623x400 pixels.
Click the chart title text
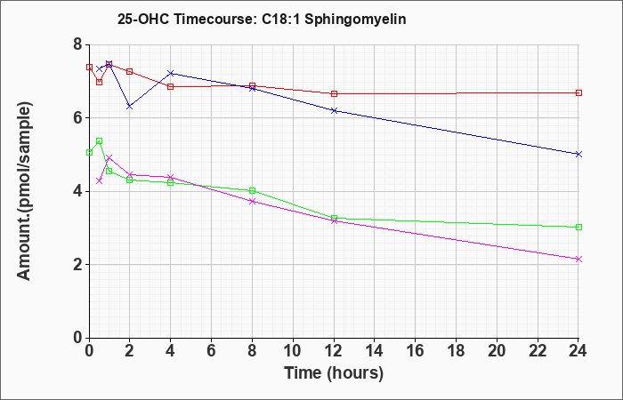(x=262, y=19)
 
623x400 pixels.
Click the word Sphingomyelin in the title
(x=355, y=20)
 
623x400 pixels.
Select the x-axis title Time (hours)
(x=334, y=373)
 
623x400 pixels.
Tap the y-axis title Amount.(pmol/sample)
(x=25, y=191)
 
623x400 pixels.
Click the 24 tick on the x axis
(x=578, y=351)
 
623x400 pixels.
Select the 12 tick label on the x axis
(x=334, y=351)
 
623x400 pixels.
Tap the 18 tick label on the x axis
(x=456, y=351)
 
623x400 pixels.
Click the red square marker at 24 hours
(x=578, y=92)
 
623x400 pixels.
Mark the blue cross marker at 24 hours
(x=578, y=154)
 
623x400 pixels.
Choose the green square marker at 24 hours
(x=578, y=227)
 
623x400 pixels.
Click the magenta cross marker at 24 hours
(x=578, y=260)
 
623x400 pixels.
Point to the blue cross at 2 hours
(x=130, y=107)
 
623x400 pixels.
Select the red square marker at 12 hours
(x=334, y=93)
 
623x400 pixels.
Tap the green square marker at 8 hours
(x=252, y=190)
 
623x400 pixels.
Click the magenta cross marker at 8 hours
(x=252, y=201)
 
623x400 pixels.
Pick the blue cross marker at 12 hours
(x=334, y=110)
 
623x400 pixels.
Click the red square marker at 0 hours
(x=89, y=67)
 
